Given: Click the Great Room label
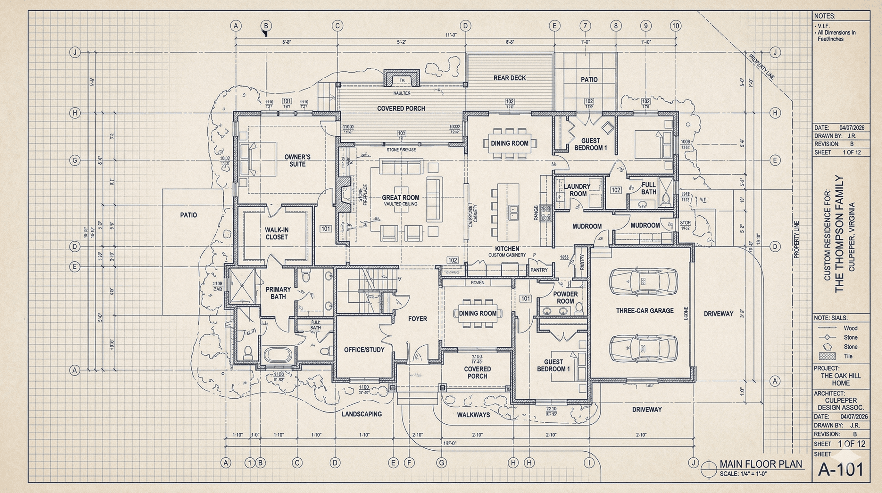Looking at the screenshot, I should point(400,198).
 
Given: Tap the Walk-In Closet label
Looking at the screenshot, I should point(276,233).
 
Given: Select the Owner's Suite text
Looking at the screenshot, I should point(297,160).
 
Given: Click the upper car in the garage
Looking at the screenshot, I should point(643,281).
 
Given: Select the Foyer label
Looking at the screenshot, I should point(417,319).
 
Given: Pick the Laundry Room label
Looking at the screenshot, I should point(577,190).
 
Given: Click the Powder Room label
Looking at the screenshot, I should point(565,298).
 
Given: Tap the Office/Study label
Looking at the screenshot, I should point(364,350).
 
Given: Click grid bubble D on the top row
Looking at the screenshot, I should point(465,26).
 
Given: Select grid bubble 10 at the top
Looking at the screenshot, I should point(675,26).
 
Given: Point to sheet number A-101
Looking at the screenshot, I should point(841,469).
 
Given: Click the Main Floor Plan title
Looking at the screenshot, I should point(761,464).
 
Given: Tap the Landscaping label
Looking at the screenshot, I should point(362,414).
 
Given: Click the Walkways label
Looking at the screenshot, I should point(473,415).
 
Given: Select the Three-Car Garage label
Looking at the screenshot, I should point(645,311).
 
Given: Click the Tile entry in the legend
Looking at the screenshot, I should point(848,356).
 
